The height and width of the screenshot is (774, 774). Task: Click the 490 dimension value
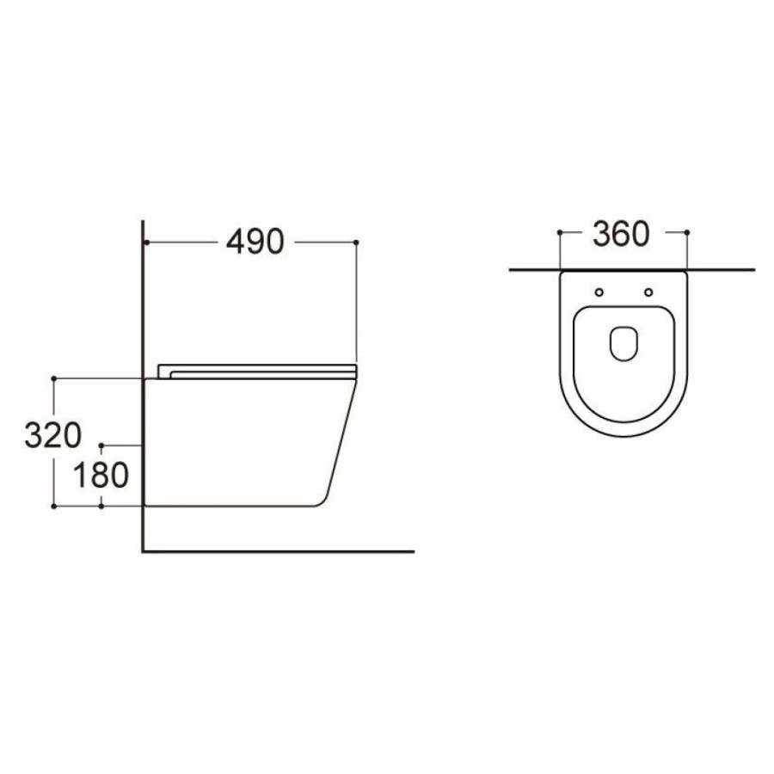coord(255,242)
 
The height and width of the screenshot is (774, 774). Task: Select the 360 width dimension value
coord(621,234)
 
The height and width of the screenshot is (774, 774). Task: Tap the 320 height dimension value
coord(52,435)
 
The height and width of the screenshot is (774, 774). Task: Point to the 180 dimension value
coord(101,476)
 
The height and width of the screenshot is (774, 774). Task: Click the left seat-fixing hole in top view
coord(599,292)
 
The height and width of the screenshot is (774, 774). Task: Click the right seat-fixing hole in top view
coord(648,292)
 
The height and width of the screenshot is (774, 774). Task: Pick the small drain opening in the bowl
coord(624,343)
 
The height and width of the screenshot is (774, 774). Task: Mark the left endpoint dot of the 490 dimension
coord(146,243)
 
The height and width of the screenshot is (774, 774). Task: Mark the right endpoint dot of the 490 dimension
coord(356,243)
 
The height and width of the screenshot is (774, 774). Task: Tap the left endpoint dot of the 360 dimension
coord(560,232)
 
